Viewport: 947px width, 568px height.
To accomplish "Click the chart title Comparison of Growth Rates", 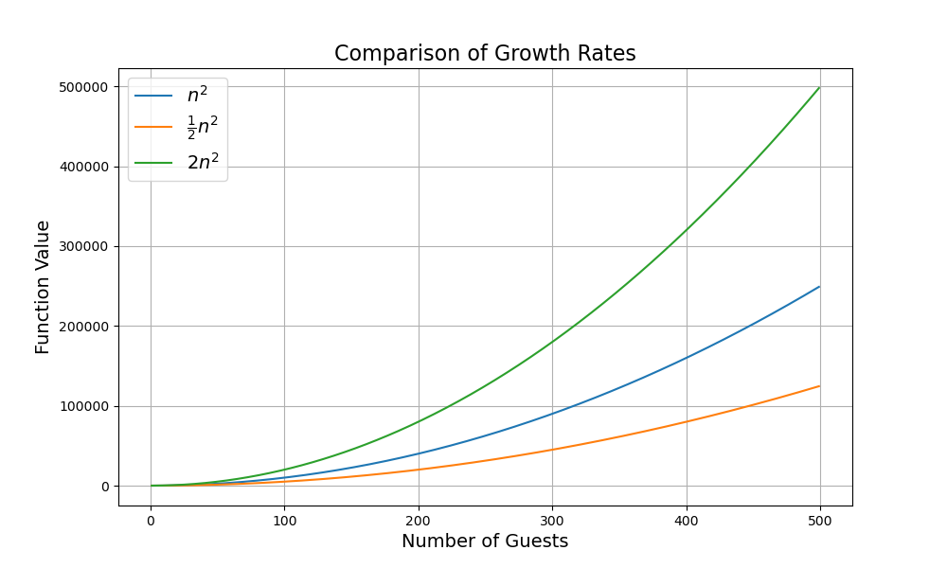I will [485, 54].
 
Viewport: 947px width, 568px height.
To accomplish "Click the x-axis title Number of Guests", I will [485, 541].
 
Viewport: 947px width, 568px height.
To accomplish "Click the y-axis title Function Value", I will [43, 287].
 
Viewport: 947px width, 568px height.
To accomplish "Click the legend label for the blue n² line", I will [197, 96].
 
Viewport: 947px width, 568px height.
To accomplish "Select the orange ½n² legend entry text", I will [202, 127].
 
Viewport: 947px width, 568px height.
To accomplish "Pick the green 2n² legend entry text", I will [203, 162].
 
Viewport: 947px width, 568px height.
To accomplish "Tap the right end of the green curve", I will [819, 88].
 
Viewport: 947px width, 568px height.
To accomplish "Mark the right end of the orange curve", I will [819, 386].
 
